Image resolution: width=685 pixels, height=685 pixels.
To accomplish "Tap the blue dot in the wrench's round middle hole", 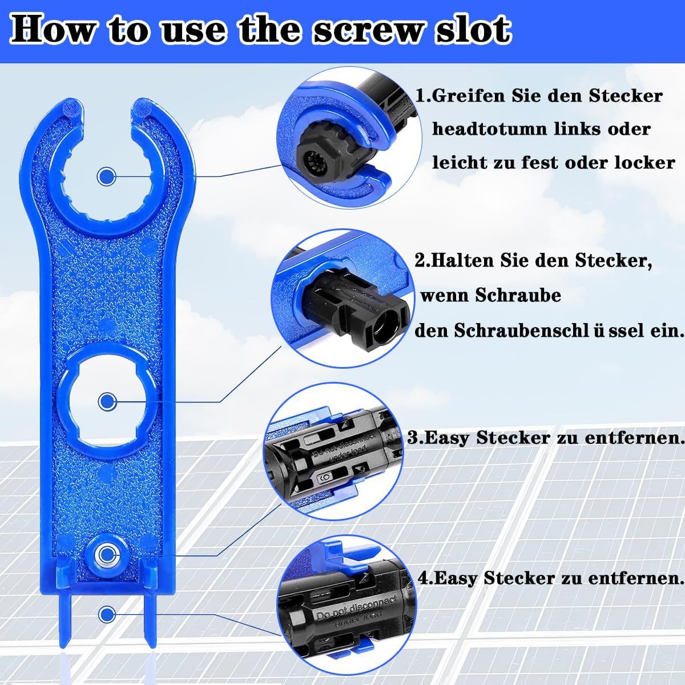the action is [107, 401].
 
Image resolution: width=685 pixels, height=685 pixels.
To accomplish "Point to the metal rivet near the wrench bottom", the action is [106, 563].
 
